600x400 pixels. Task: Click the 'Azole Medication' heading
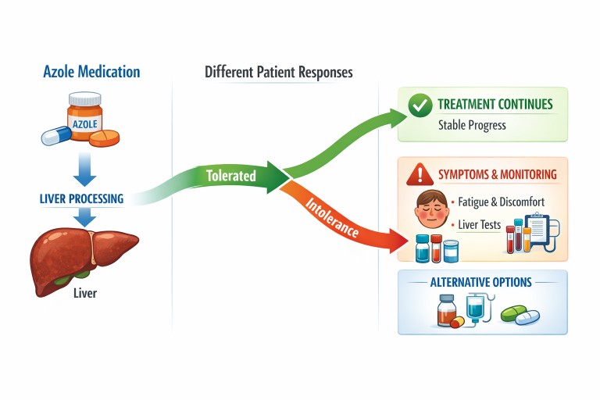pos(91,72)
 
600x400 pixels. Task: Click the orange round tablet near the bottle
pos(105,138)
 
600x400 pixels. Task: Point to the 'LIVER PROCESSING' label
pos(82,198)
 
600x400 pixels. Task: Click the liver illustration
pos(81,253)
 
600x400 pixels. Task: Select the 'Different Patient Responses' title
pos(278,72)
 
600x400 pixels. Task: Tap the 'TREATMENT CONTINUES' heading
pos(495,105)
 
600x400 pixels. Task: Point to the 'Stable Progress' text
pos(472,125)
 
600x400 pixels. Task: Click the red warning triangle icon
pos(420,174)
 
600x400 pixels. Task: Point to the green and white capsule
pos(520,316)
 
